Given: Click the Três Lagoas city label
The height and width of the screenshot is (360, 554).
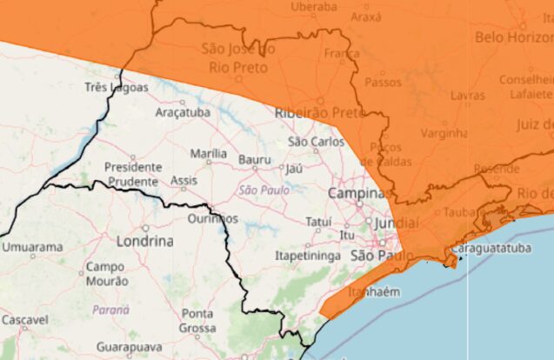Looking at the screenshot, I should [x=117, y=87].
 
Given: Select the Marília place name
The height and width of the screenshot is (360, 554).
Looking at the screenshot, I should [x=209, y=154].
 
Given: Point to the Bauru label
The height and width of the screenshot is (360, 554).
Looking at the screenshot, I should [x=255, y=161].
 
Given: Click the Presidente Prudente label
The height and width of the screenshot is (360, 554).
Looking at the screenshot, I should [x=132, y=174].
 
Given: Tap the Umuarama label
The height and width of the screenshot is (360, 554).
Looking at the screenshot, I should [x=32, y=247].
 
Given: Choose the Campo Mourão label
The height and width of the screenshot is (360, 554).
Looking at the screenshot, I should [x=107, y=274].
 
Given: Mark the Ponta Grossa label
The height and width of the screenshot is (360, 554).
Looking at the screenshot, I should [x=198, y=320].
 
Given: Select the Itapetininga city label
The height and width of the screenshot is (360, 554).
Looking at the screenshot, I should [x=306, y=257].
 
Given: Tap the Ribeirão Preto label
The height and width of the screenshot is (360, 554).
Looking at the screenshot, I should [x=318, y=113].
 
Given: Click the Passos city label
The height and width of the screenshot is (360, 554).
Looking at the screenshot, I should [x=383, y=83].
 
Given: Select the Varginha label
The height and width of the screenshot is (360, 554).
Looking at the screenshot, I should [x=444, y=134].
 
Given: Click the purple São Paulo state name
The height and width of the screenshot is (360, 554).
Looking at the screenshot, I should [x=260, y=190].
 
